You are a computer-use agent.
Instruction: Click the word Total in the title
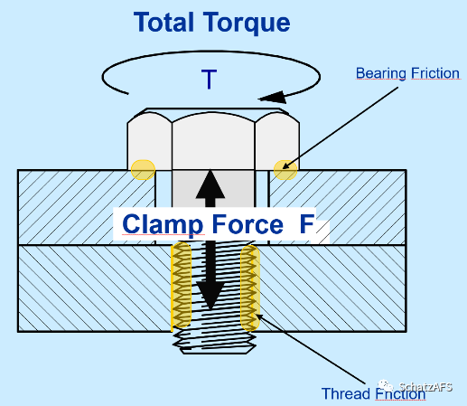[x=163, y=22]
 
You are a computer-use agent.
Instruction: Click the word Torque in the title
[x=247, y=24]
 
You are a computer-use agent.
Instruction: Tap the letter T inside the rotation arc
[x=209, y=79]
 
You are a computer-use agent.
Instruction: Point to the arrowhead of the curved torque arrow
[x=273, y=97]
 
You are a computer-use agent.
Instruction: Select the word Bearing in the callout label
[x=381, y=74]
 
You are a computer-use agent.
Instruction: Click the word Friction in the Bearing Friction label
[x=435, y=73]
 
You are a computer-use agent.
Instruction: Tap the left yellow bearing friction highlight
[x=143, y=170]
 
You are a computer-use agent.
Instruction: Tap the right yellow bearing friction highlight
[x=285, y=170]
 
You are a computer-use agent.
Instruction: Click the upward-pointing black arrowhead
[x=210, y=184]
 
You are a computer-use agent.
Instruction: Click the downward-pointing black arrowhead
[x=210, y=297]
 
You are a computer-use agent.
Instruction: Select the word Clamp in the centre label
[x=163, y=225]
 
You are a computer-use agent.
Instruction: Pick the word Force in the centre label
[x=248, y=224]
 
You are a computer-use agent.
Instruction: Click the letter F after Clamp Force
[x=307, y=223]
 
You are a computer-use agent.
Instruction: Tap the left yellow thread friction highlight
[x=182, y=285]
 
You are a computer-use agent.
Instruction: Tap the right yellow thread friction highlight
[x=250, y=288]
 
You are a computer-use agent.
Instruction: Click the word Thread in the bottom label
[x=346, y=393]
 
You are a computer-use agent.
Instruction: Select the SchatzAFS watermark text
[x=425, y=387]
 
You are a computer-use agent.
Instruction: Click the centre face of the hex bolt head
[x=213, y=141]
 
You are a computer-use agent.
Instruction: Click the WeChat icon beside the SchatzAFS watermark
[x=386, y=385]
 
